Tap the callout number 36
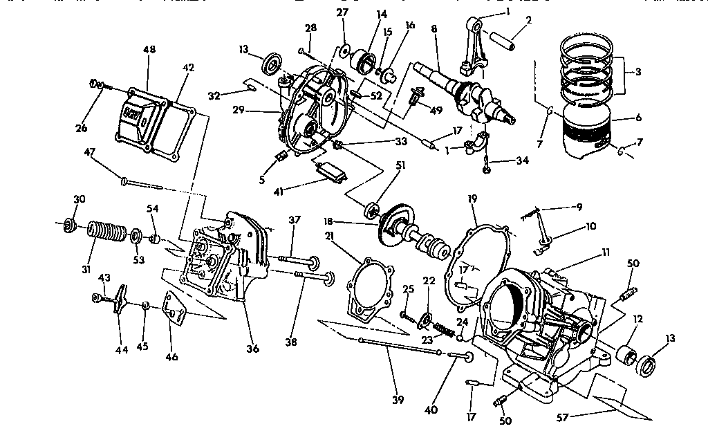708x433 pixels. (253, 349)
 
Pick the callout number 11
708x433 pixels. (606, 255)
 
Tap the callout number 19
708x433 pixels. (472, 199)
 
